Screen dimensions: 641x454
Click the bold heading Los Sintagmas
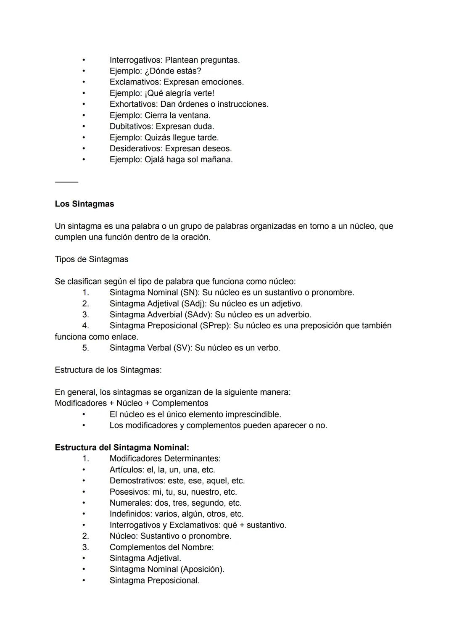coord(84,204)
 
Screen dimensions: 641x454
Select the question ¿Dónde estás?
coord(173,71)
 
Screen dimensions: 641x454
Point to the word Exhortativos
coord(133,104)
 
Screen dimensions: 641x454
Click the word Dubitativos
coord(131,126)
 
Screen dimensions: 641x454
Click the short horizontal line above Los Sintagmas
coord(66,182)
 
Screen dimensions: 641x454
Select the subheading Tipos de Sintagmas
coord(91,259)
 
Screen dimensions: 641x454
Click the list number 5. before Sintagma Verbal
coord(85,348)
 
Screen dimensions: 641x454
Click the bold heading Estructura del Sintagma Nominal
coord(121,448)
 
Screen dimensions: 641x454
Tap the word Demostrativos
coord(137,481)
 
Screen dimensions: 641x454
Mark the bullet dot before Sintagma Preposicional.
coord(84,580)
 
